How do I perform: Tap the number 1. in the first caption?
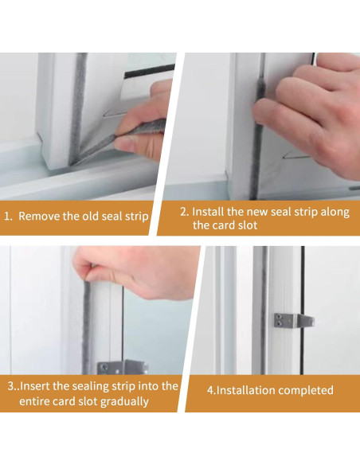pyautogui.click(x=8, y=217)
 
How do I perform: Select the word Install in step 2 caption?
pyautogui.click(x=208, y=212)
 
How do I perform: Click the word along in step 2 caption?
pyautogui.click(x=335, y=213)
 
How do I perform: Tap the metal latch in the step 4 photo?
pyautogui.click(x=294, y=321)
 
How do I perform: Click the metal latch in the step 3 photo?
pyautogui.click(x=123, y=367)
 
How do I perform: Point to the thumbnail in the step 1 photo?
pyautogui.click(x=123, y=144)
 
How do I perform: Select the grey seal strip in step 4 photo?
pyautogui.click(x=260, y=310)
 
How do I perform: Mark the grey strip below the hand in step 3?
pyautogui.click(x=86, y=328)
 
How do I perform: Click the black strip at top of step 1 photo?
pyautogui.click(x=149, y=72)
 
